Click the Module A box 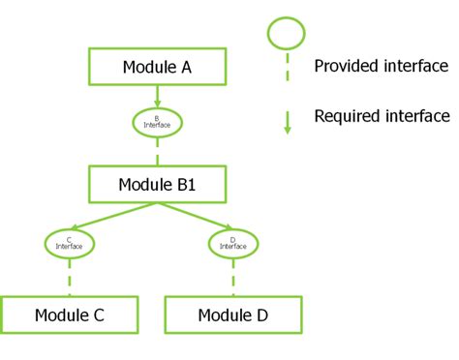point(157,67)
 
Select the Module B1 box point(157,183)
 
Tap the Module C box point(69,315)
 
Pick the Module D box point(233,315)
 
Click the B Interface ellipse point(157,122)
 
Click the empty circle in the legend point(287,34)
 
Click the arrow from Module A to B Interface point(157,96)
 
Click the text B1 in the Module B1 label point(184,183)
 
